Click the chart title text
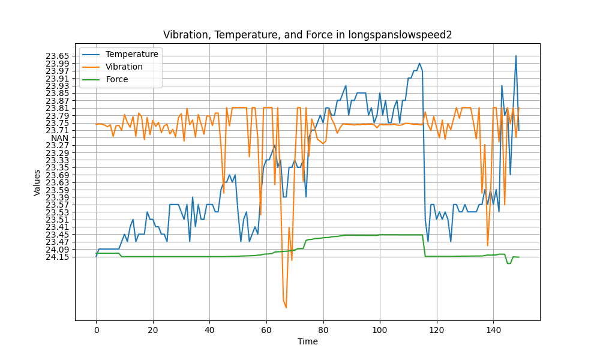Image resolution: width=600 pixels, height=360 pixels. click(x=307, y=35)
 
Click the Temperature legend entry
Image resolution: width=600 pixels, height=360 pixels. click(x=131, y=54)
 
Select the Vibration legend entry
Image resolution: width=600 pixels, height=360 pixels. click(x=124, y=67)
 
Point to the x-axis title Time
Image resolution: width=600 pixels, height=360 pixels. click(x=307, y=341)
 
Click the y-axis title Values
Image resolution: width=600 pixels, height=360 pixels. click(x=37, y=182)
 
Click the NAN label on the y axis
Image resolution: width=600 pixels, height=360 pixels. click(x=61, y=138)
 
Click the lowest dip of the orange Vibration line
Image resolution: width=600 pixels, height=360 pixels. click(x=286, y=307)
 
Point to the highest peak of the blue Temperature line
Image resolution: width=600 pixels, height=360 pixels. click(x=515, y=56)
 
